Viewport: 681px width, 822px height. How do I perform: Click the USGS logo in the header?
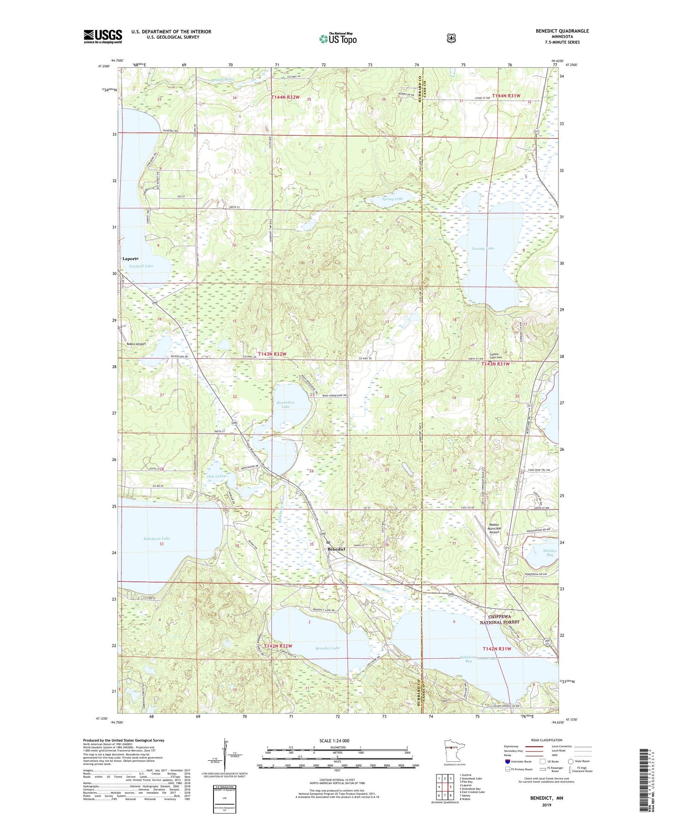103,36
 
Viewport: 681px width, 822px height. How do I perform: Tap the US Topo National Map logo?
337,38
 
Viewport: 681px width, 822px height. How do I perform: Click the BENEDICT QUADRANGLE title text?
562,31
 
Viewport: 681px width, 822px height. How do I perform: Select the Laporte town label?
131,259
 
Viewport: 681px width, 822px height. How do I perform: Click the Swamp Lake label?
483,248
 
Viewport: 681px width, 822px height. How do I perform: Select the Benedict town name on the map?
337,549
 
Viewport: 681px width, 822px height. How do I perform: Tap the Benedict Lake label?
328,648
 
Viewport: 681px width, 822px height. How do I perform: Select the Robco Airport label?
136,344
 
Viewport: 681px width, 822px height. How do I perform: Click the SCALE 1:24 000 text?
334,741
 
